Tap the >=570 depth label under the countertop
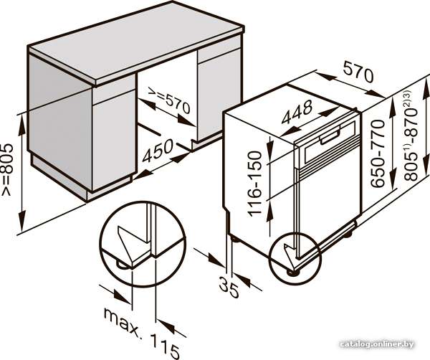(x=169, y=100)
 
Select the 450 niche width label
(x=158, y=151)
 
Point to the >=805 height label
(x=7, y=169)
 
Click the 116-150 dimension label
(x=254, y=184)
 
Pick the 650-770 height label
(x=378, y=153)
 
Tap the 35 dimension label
(x=229, y=287)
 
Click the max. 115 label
(x=142, y=333)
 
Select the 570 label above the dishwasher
(x=358, y=72)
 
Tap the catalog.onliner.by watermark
(x=376, y=344)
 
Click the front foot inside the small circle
(x=291, y=272)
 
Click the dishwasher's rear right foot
(x=348, y=234)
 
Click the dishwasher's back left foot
(x=235, y=239)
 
